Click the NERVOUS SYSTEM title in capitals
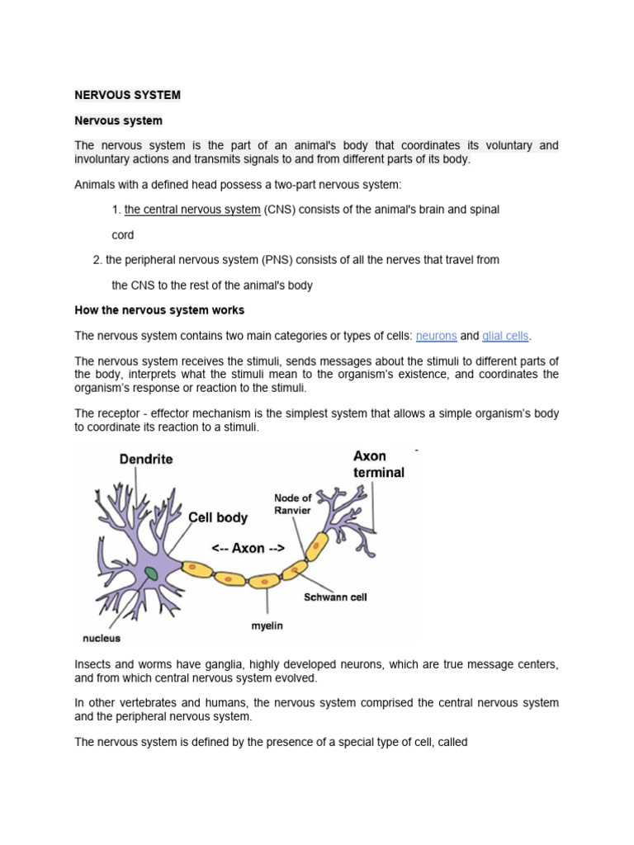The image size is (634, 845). coord(127,95)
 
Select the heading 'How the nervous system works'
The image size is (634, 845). coord(159,310)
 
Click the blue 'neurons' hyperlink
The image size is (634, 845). coord(436,336)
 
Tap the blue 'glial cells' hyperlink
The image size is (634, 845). coord(506,336)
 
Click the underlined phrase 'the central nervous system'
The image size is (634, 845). coord(192,210)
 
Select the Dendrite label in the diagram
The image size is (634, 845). coord(146,459)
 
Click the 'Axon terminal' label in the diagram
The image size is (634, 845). coord(378,464)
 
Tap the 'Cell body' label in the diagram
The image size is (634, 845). coord(218,518)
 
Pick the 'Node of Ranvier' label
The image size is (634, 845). coord(293,503)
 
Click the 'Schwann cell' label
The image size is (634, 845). coord(335,597)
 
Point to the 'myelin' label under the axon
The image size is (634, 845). coord(267,625)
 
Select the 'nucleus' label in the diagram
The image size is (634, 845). coord(102,638)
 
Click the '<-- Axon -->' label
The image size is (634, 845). coord(248,547)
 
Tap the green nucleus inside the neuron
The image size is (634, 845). coord(150,573)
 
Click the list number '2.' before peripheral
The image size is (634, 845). coord(97,259)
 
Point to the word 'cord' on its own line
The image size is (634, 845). coord(122,234)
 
